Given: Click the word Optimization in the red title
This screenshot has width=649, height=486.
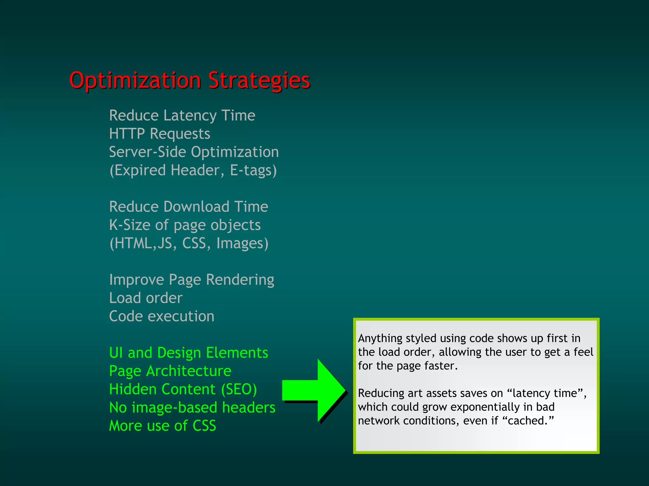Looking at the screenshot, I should coord(135,81).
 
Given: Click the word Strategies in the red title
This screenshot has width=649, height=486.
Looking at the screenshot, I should coord(259,81).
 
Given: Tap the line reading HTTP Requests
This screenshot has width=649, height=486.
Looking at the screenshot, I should coord(159,134).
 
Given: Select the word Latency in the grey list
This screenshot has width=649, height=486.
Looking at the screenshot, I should coord(190,116).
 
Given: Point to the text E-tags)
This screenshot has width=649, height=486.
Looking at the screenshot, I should coord(253,171).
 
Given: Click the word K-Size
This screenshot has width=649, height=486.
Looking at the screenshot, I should coord(130,225).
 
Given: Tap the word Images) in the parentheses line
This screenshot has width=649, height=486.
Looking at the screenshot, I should coord(242,243).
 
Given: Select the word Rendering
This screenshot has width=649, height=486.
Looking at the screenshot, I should coord(240,280).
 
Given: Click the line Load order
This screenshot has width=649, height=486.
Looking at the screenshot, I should coord(146,298).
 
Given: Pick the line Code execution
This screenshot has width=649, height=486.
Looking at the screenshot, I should coord(162,316).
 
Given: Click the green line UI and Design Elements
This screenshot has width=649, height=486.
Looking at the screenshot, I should coord(189,353).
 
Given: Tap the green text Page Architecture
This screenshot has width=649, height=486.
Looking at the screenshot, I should coord(170,371).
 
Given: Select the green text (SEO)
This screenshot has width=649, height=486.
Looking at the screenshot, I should coord(239,389).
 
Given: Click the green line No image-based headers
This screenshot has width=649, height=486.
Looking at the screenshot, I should coord(192,408).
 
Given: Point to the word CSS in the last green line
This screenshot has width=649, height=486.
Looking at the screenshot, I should coord(204,426).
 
